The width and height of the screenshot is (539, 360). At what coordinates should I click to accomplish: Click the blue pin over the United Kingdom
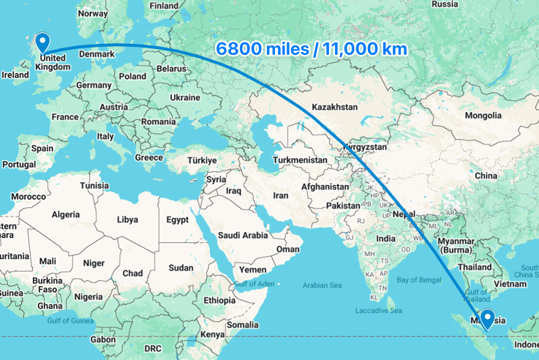pos(42,42)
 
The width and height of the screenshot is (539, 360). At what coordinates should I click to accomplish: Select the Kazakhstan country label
pos(334,107)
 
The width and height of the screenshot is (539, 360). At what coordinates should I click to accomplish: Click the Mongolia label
pos(483,116)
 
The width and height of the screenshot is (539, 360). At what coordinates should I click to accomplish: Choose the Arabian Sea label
pos(323,285)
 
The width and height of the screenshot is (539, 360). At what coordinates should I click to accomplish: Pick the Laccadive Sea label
pos(379,311)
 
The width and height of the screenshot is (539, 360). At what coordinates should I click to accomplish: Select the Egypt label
pos(177,220)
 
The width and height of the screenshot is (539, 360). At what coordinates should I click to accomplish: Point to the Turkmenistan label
pos(300,160)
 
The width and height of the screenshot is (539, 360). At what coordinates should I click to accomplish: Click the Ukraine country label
pos(184,97)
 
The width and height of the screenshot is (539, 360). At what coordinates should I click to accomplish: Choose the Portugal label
pos(18,165)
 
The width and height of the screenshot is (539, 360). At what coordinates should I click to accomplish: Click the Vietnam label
pos(510,283)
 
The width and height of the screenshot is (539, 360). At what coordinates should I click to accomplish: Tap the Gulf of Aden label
pos(253,283)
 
